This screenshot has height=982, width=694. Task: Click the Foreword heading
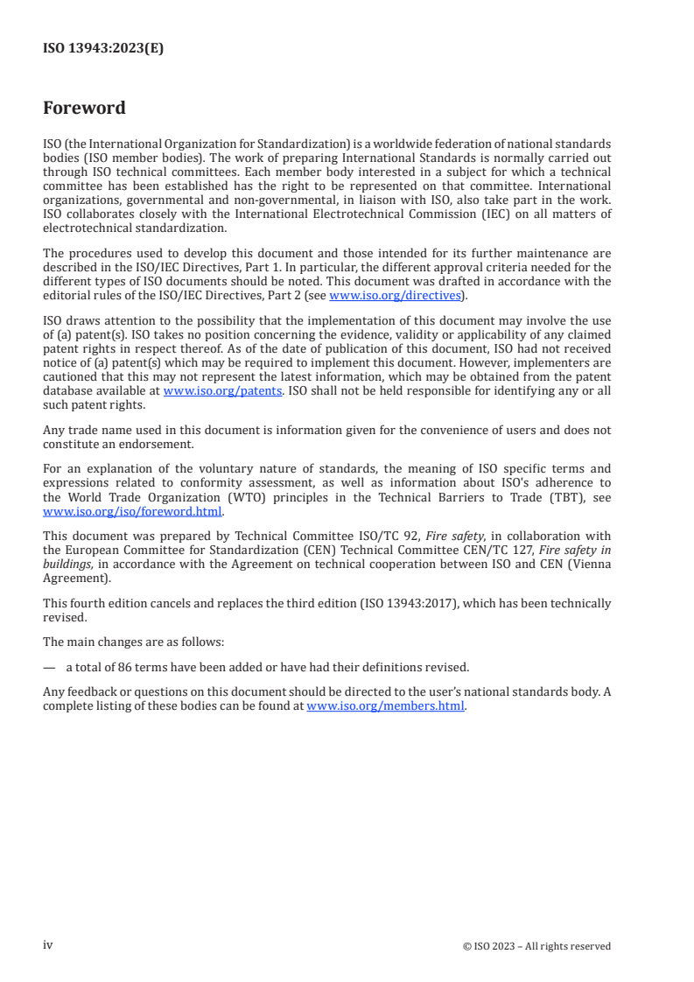pos(84,109)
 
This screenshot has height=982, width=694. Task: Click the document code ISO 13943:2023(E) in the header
pos(103,49)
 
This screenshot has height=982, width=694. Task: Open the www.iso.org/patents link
pos(222,391)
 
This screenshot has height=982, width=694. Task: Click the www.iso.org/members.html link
pos(386,706)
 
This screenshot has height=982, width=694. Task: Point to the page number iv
pos(48,945)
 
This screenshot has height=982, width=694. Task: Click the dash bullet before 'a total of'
pos(49,665)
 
